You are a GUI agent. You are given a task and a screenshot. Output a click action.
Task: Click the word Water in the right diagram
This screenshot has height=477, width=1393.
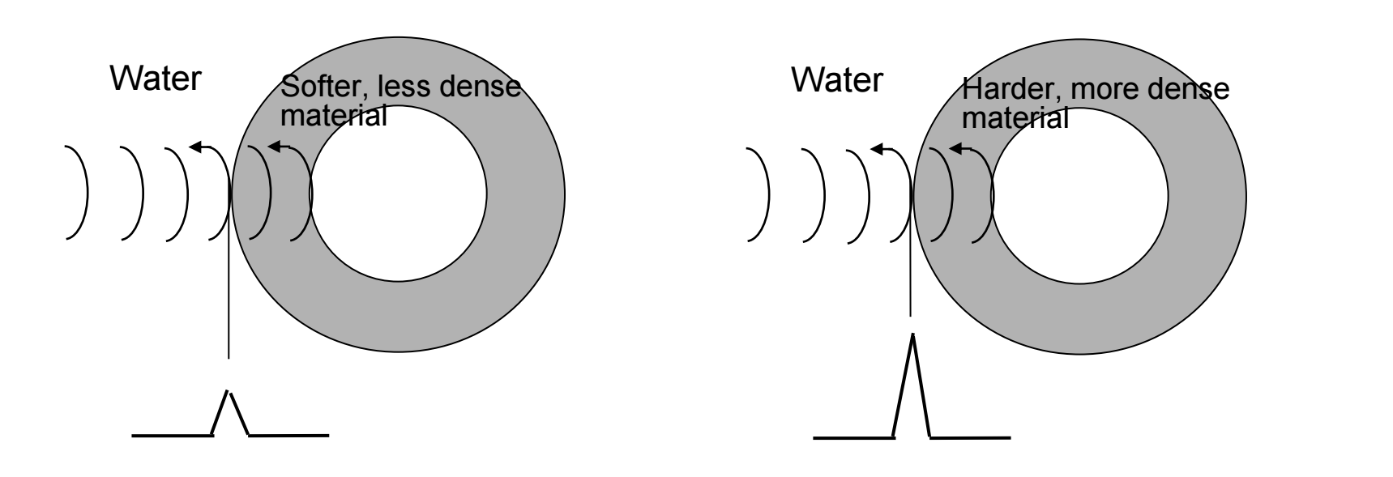tap(837, 80)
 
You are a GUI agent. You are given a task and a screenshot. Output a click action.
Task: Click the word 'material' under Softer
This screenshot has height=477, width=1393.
tap(333, 115)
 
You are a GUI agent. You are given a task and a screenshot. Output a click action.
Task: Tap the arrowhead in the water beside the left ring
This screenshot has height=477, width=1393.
tap(194, 147)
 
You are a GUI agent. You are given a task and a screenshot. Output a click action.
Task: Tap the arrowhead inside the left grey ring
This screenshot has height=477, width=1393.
tap(274, 147)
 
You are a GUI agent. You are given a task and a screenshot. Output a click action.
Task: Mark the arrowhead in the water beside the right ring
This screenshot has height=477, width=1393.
tap(876, 148)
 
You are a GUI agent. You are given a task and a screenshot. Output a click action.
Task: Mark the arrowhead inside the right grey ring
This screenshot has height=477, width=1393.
tap(955, 148)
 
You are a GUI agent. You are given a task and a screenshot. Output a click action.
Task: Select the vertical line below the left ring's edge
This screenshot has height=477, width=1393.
tap(229, 275)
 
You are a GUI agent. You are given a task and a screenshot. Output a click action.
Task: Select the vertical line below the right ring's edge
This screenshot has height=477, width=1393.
tap(911, 255)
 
